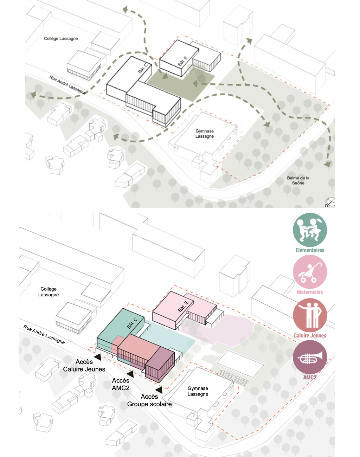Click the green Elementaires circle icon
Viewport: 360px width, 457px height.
(x=310, y=230)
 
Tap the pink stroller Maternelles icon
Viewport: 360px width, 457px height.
(x=310, y=272)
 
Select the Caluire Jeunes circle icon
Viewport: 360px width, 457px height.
(x=310, y=315)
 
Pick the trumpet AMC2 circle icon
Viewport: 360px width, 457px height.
(x=310, y=357)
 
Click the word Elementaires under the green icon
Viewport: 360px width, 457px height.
(x=310, y=250)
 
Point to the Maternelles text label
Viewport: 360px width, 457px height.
(x=310, y=292)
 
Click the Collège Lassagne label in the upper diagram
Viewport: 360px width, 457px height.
(x=61, y=38)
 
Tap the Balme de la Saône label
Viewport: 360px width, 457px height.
(x=298, y=180)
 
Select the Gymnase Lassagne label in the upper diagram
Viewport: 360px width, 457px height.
(x=205, y=134)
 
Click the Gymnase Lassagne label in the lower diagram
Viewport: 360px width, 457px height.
(x=198, y=391)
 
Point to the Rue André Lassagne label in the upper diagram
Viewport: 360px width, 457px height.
(x=67, y=85)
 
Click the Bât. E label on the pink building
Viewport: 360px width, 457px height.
(x=183, y=306)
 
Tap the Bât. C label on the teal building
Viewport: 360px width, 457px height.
(x=132, y=323)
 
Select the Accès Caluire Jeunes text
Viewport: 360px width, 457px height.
(x=84, y=365)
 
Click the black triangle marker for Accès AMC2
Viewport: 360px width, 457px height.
(x=130, y=374)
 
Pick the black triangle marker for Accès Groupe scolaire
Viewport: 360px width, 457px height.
(x=159, y=390)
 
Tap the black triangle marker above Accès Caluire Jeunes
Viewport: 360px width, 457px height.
(x=98, y=357)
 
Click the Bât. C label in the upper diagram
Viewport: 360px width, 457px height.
(x=143, y=69)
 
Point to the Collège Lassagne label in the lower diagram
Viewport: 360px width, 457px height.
(x=49, y=292)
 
